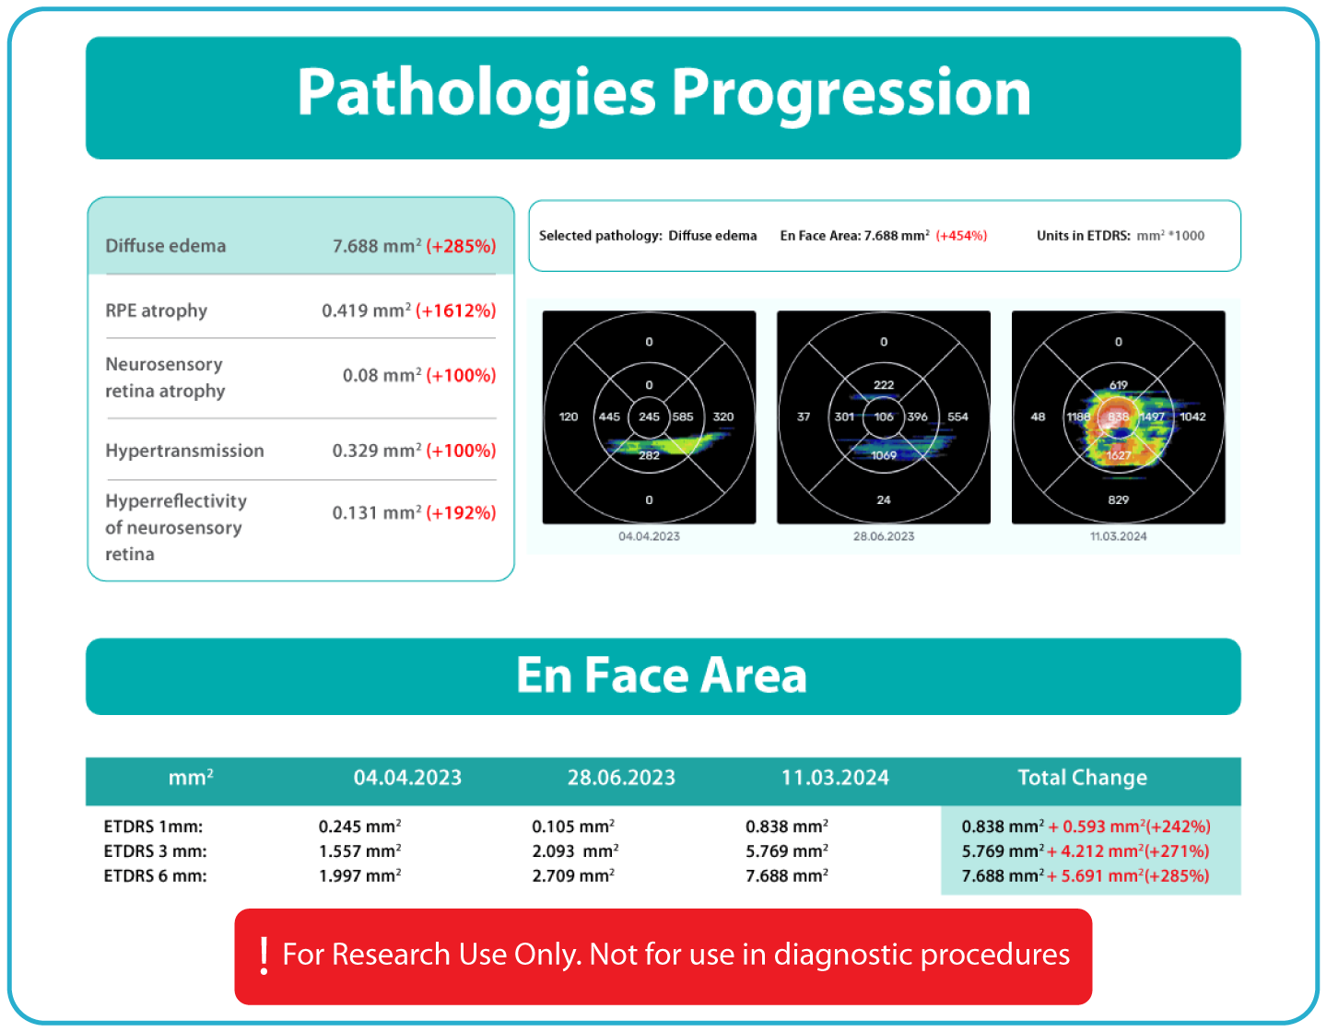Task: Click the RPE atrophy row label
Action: coord(156,311)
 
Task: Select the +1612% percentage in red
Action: coord(456,311)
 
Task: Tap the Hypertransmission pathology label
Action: coord(184,451)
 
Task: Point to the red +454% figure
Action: coord(961,236)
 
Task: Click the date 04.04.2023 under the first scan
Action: coord(649,536)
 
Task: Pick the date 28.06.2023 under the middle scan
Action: coord(884,536)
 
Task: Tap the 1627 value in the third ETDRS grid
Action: coord(1118,455)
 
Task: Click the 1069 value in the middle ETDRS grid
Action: coord(884,455)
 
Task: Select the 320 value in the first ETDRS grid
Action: coord(723,416)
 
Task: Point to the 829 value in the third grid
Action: coord(1118,499)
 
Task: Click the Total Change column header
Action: coord(1082,778)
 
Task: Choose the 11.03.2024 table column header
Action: coord(835,778)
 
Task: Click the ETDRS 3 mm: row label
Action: coord(155,851)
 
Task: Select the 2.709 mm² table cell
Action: coord(573,876)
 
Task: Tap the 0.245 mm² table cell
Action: coord(359,827)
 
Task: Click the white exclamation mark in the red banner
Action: coord(264,956)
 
